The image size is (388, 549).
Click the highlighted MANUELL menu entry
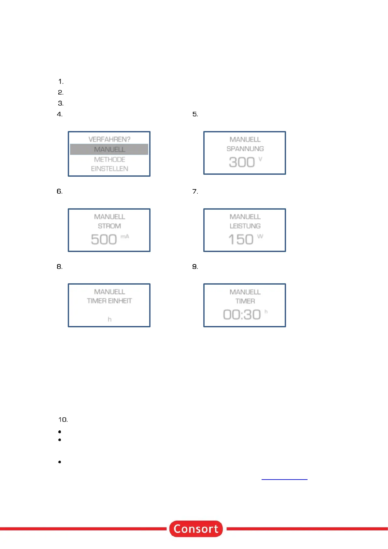pos(109,149)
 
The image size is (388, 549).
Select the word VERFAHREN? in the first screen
pos(109,139)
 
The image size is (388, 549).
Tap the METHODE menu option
pos(109,159)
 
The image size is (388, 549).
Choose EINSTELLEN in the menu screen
pos(109,169)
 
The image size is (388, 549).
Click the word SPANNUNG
pos(245,149)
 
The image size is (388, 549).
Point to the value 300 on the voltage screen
pos(242,162)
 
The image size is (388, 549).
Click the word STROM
pos(109,226)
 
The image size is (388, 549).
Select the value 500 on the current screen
pos(104,239)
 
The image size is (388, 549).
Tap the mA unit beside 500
pos(125,236)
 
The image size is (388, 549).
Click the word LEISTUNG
pos(245,226)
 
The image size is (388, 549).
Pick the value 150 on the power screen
pos(241,239)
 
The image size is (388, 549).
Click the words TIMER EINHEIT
pos(109,301)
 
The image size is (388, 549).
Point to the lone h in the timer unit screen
pos(109,319)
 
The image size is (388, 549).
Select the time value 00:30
pos(242,315)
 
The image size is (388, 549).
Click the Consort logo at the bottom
pos(196,528)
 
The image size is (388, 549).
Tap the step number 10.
pos(63,420)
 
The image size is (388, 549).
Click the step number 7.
pos(195,191)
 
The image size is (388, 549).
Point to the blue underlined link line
pos(284,479)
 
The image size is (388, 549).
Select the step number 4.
pos(60,114)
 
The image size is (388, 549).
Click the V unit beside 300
pos(260,159)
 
